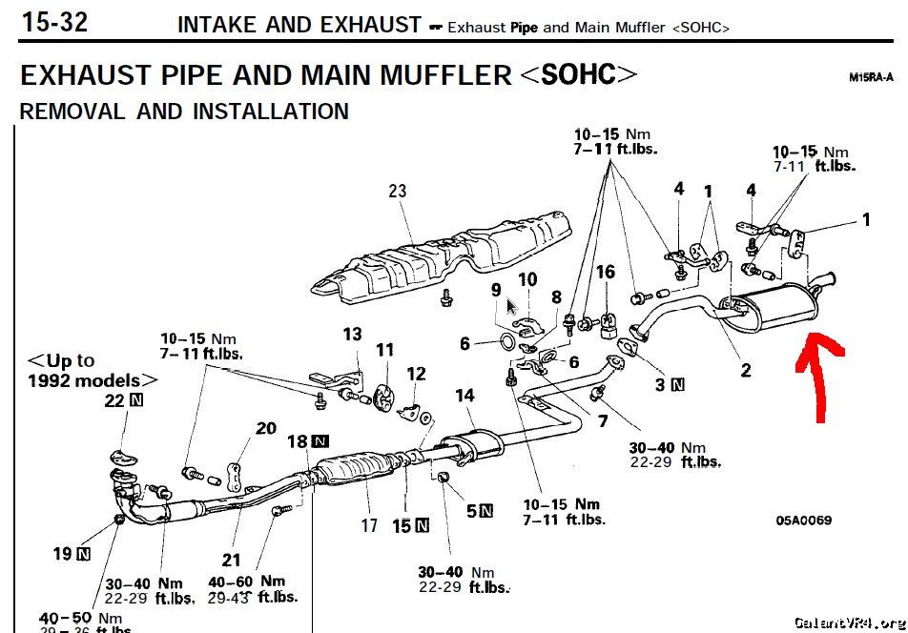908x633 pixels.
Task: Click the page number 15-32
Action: pyautogui.click(x=54, y=22)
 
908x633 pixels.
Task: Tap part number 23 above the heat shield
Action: pyautogui.click(x=397, y=191)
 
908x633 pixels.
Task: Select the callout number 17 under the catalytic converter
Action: pyautogui.click(x=369, y=524)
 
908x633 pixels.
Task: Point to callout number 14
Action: pyautogui.click(x=464, y=396)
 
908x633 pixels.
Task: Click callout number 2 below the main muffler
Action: pyautogui.click(x=746, y=371)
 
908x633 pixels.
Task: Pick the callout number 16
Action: pyautogui.click(x=606, y=273)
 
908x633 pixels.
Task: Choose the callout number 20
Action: pyautogui.click(x=265, y=428)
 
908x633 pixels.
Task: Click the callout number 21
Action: pyautogui.click(x=232, y=560)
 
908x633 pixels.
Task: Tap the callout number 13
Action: pyautogui.click(x=352, y=334)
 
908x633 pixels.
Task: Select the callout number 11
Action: pyautogui.click(x=383, y=351)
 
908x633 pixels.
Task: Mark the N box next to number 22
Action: pyautogui.click(x=135, y=400)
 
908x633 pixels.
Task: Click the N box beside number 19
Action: pyautogui.click(x=84, y=553)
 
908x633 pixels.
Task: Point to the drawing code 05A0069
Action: pyautogui.click(x=803, y=521)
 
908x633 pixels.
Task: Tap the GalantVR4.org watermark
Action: pyautogui.click(x=849, y=622)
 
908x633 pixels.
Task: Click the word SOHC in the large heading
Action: pyautogui.click(x=578, y=74)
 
